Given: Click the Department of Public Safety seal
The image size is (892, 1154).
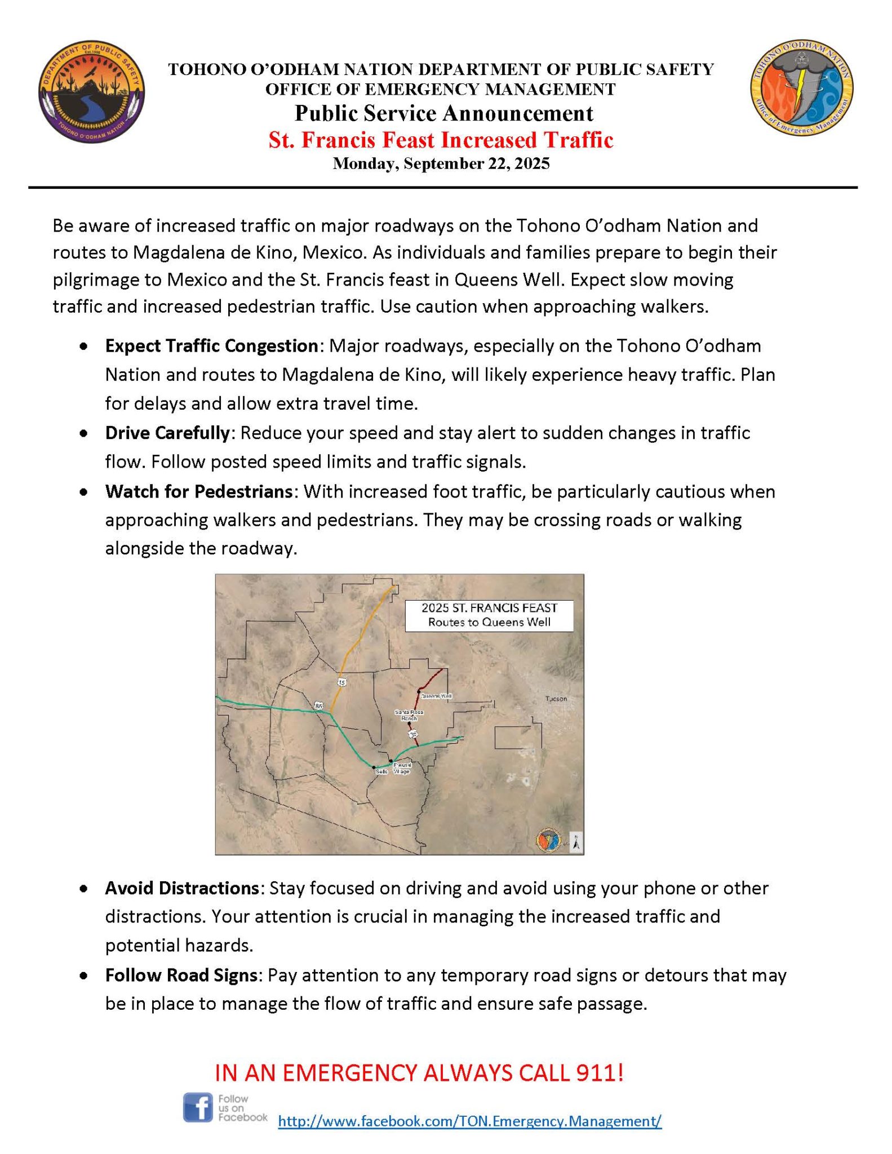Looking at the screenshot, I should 91,92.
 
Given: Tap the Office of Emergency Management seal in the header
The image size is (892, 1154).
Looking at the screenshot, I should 801,87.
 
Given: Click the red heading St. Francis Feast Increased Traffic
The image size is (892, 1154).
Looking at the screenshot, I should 441,140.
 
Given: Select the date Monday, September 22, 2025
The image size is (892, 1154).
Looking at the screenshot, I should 441,163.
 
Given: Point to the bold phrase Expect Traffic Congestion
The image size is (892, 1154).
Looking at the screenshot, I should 211,345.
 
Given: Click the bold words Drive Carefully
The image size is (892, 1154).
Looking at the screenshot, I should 167,433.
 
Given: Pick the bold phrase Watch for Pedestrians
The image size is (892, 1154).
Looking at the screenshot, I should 198,491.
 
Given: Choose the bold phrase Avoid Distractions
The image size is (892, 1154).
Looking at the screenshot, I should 181,888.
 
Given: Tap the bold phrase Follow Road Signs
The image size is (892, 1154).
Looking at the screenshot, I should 181,975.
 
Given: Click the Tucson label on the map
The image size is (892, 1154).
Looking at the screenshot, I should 556,699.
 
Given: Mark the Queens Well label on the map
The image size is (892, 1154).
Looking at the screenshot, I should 436,696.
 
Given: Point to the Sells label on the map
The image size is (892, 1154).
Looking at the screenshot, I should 381,771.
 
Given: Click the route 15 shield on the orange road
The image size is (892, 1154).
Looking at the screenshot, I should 341,682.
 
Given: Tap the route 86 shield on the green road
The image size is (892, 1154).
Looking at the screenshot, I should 319,705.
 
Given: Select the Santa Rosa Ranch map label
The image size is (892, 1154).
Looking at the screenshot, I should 409,716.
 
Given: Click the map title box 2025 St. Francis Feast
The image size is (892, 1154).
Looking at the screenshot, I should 489,615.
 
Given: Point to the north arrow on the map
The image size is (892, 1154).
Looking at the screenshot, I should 576,842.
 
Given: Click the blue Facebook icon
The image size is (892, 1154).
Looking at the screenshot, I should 198,1107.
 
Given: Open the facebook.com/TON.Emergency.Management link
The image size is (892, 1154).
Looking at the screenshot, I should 469,1121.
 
